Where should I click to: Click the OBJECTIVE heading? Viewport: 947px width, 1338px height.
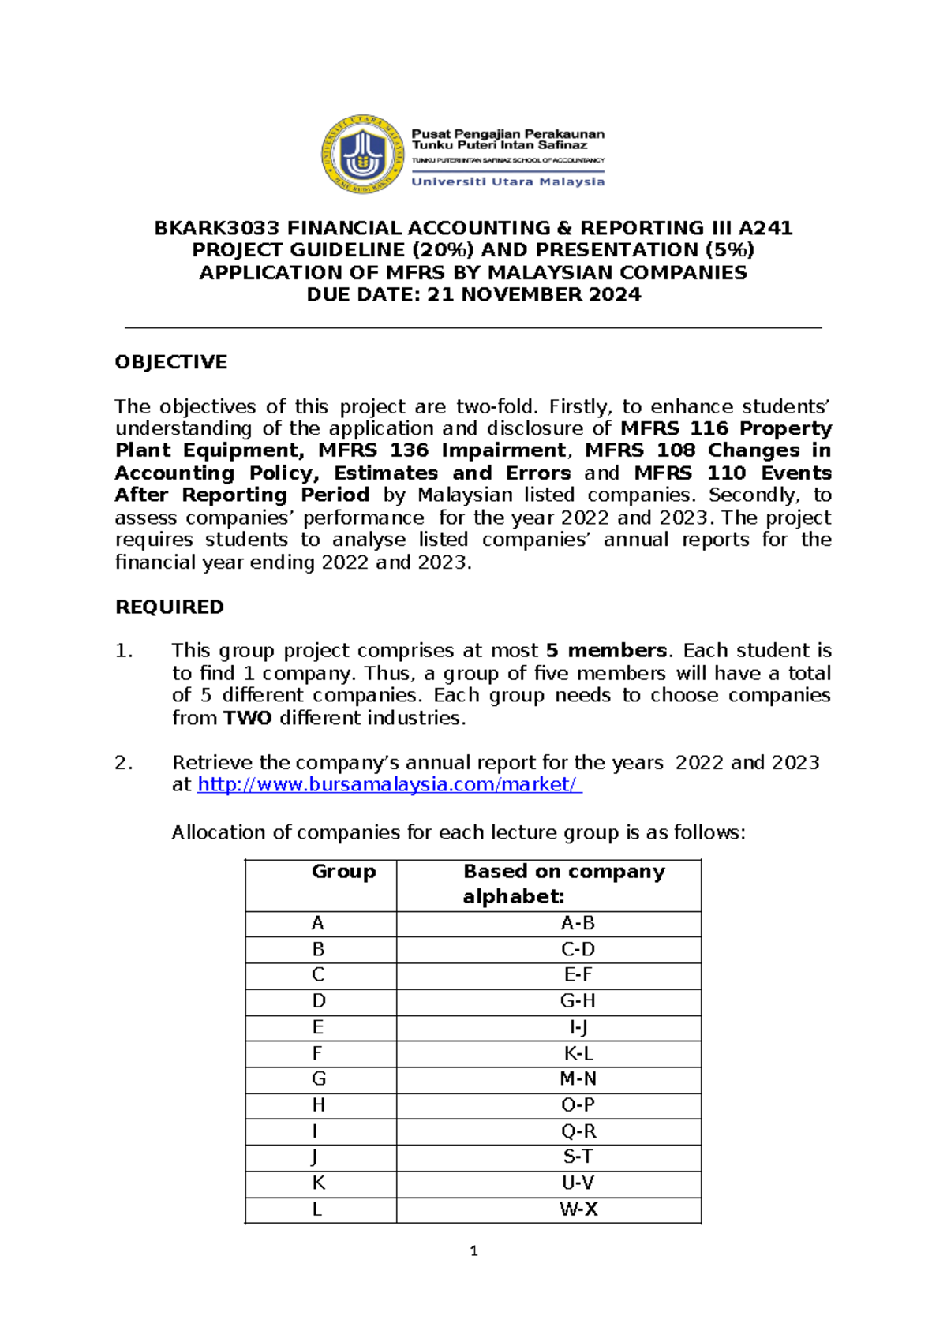pyautogui.click(x=170, y=362)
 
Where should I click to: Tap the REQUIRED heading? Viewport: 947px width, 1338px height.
pyautogui.click(x=169, y=607)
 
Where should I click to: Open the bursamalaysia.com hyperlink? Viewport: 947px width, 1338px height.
pyautogui.click(x=389, y=785)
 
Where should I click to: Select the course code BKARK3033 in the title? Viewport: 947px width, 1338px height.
pyautogui.click(x=216, y=228)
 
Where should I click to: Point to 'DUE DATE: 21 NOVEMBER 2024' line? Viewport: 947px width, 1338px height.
pyautogui.click(x=473, y=295)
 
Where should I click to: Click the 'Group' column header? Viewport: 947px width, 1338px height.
pyautogui.click(x=343, y=872)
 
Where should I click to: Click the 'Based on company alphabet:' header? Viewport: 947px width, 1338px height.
pyautogui.click(x=563, y=884)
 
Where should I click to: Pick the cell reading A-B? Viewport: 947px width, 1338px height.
pyautogui.click(x=577, y=923)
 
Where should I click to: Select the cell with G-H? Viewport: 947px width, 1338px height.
pyautogui.click(x=577, y=1001)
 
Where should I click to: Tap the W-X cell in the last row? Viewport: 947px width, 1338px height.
pyautogui.click(x=578, y=1209)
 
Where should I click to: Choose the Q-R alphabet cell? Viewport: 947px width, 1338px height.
pyautogui.click(x=578, y=1131)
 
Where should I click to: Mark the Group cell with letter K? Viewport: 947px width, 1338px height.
pyautogui.click(x=318, y=1183)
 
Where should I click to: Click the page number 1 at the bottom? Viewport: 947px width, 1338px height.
pyautogui.click(x=473, y=1250)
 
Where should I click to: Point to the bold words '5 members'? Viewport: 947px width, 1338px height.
pyautogui.click(x=606, y=651)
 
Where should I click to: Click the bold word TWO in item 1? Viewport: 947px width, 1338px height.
pyautogui.click(x=247, y=718)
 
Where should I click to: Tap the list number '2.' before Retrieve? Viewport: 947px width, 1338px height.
pyautogui.click(x=124, y=763)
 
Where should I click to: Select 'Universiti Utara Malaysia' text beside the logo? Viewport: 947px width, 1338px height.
pyautogui.click(x=508, y=181)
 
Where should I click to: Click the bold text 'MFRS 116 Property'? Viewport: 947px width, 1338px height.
pyautogui.click(x=725, y=428)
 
